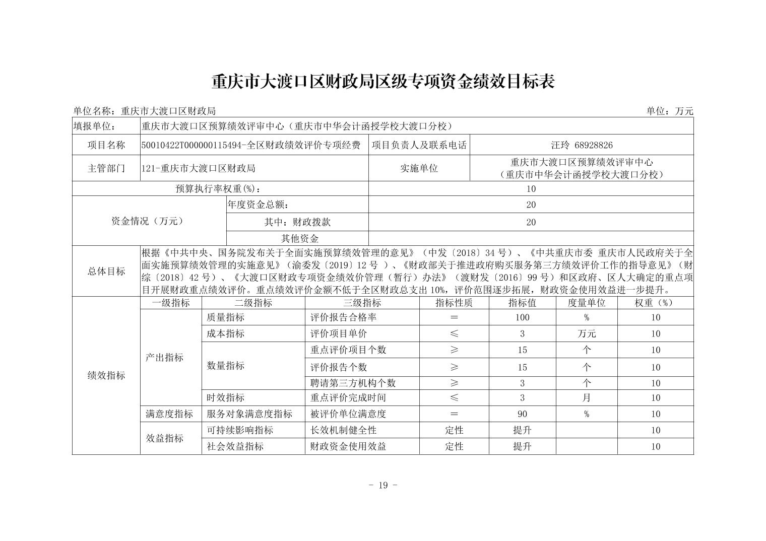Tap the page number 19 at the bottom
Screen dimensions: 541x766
(x=382, y=485)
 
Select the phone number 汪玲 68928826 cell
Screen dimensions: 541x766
(x=582, y=145)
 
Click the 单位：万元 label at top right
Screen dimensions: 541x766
(x=670, y=111)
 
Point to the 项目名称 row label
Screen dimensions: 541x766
(x=106, y=145)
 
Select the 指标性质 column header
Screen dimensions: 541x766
(x=454, y=303)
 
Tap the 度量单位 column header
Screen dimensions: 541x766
(x=586, y=303)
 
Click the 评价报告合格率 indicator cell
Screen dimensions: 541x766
(x=344, y=317)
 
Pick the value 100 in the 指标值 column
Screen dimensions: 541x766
(x=522, y=317)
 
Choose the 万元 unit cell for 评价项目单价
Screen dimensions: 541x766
(x=586, y=333)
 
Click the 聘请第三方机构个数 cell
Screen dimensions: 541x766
(x=353, y=383)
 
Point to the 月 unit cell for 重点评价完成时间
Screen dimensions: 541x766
(x=586, y=397)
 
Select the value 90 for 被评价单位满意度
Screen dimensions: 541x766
(x=522, y=414)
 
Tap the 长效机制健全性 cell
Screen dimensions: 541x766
(x=344, y=430)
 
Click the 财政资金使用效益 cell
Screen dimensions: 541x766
(x=348, y=446)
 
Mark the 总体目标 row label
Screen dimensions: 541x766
(x=106, y=271)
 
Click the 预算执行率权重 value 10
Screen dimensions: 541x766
(x=531, y=189)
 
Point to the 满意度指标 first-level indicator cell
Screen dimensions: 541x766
(x=169, y=414)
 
